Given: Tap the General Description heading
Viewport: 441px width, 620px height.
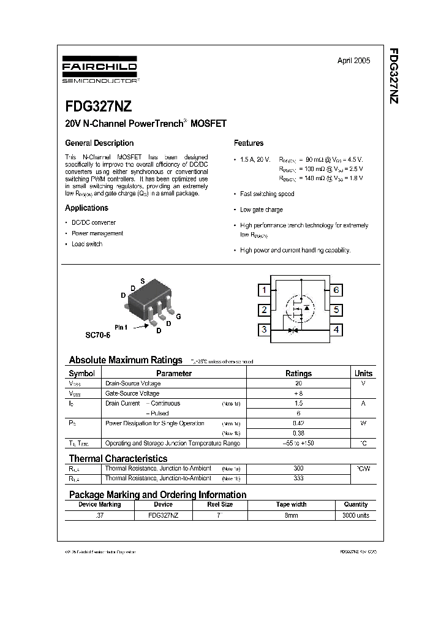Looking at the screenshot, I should (x=99, y=143).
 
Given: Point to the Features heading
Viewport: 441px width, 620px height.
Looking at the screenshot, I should (x=249, y=143).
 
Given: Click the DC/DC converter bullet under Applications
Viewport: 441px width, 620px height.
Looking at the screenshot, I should (x=93, y=222).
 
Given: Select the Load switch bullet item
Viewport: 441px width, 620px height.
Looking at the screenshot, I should (x=86, y=244).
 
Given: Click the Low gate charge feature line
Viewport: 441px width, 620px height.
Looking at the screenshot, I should (x=261, y=210).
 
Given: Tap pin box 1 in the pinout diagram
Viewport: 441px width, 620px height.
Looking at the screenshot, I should (x=263, y=290).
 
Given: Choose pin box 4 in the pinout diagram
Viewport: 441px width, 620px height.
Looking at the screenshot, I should (x=336, y=330).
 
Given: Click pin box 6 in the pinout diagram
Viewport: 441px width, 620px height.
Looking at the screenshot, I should (x=336, y=290).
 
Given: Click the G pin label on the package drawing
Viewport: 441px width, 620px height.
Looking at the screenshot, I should (x=178, y=317).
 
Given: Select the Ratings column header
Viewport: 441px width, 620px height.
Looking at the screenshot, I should (x=298, y=373).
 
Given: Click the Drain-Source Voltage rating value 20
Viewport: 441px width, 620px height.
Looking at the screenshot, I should (x=298, y=383).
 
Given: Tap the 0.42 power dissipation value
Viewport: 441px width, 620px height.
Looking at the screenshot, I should (x=298, y=423).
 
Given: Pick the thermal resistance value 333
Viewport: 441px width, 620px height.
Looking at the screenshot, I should (x=298, y=478).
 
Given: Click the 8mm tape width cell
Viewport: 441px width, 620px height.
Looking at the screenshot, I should (x=291, y=515).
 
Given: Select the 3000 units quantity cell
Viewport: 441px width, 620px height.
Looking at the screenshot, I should (x=355, y=515).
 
